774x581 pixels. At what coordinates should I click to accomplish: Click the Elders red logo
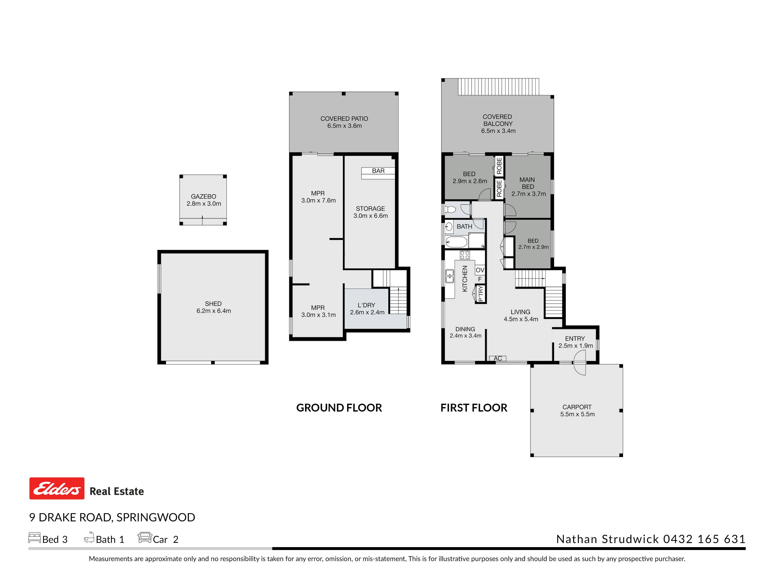(x=57, y=488)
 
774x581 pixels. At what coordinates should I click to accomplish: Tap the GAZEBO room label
(x=203, y=196)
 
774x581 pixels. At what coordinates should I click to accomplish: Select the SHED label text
(x=213, y=304)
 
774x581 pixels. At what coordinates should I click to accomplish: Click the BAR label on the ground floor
(x=378, y=171)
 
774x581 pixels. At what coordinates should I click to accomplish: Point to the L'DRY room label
(x=366, y=305)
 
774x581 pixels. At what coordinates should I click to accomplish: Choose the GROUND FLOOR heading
(x=339, y=408)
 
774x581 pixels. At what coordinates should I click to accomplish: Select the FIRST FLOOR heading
(x=474, y=408)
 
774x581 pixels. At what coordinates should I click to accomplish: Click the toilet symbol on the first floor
(x=450, y=209)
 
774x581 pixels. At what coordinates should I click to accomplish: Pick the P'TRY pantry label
(x=480, y=293)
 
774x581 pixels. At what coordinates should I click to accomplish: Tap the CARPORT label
(x=577, y=407)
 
